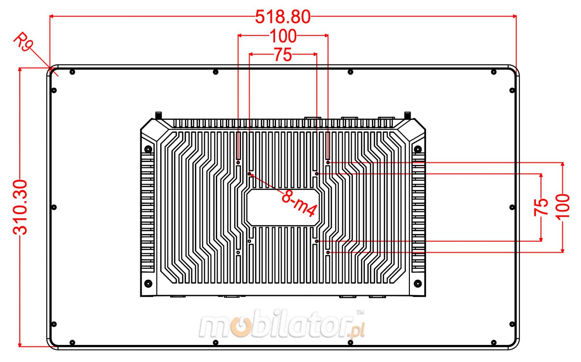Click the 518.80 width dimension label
283,17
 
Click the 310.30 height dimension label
20,207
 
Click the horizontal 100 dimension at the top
283,36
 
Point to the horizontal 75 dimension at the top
283,55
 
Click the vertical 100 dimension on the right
562,206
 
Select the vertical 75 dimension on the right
541,207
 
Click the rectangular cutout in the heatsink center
283,207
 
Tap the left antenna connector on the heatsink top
158,115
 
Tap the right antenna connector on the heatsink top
407,115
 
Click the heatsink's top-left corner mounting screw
148,149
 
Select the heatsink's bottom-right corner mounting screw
418,283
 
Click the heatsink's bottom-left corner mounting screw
148,283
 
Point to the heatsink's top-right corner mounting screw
418,149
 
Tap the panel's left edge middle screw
54,207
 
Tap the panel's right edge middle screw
512,207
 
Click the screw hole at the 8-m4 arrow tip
249,174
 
